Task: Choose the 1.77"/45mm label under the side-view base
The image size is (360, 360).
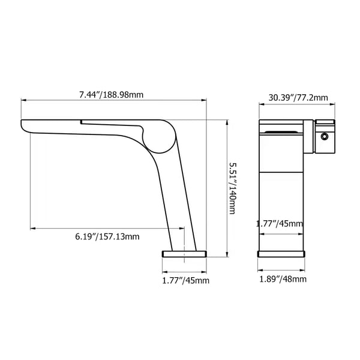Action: tap(185, 280)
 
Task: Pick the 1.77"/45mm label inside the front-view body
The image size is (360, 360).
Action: tap(280, 223)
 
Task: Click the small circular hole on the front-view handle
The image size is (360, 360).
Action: tap(325, 136)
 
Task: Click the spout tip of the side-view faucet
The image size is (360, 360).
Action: tap(25, 127)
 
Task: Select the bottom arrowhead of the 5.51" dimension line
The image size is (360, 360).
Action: tap(226, 255)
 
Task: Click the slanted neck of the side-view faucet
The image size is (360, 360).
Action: tap(174, 192)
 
